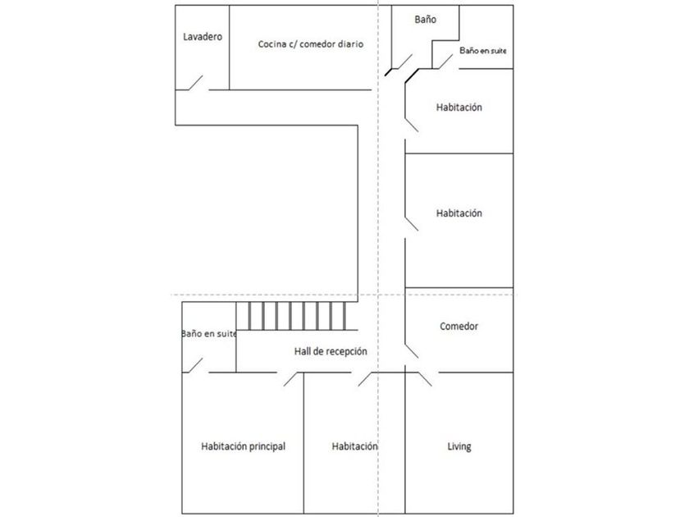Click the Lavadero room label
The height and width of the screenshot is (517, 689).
coord(203,36)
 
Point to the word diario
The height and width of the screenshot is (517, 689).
coord(351,44)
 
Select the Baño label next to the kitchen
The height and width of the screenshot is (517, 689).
coord(426,20)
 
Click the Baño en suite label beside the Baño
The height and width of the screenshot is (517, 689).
coord(483,51)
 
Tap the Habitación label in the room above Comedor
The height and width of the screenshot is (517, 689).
coord(459,213)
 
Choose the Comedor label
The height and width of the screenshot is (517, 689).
coord(459,327)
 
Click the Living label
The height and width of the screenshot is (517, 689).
coord(459,446)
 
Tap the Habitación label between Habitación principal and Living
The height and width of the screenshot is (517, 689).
coord(354,446)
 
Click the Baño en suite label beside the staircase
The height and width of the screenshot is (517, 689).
coord(209,334)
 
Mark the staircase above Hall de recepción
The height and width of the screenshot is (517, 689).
coord(297,316)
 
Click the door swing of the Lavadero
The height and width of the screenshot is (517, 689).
coord(196,83)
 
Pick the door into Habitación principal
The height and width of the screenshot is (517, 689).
coord(294,379)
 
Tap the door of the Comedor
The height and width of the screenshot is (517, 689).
coord(412,351)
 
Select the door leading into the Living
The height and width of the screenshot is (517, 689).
coord(425,379)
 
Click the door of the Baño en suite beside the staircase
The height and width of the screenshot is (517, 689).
coord(196,365)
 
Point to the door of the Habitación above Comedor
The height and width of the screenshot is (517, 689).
coord(411,223)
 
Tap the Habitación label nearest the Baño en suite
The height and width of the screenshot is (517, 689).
coord(459,108)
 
